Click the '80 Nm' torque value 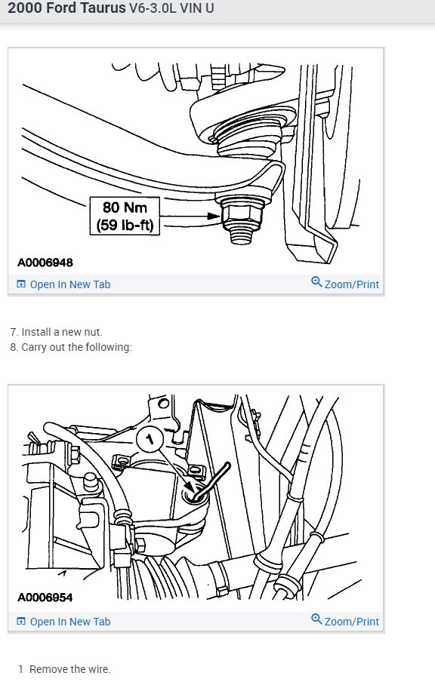point(125,206)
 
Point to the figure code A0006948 point(45,263)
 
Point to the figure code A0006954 point(45,598)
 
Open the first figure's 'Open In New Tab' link point(69,284)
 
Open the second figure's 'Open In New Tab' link point(69,622)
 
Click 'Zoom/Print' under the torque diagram point(351,284)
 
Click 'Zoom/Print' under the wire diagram point(351,622)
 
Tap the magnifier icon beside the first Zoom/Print point(316,282)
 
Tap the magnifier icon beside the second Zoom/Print point(316,619)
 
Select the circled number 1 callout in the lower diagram point(150,438)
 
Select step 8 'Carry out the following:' point(76,347)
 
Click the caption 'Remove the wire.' point(69,669)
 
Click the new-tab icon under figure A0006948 point(21,284)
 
